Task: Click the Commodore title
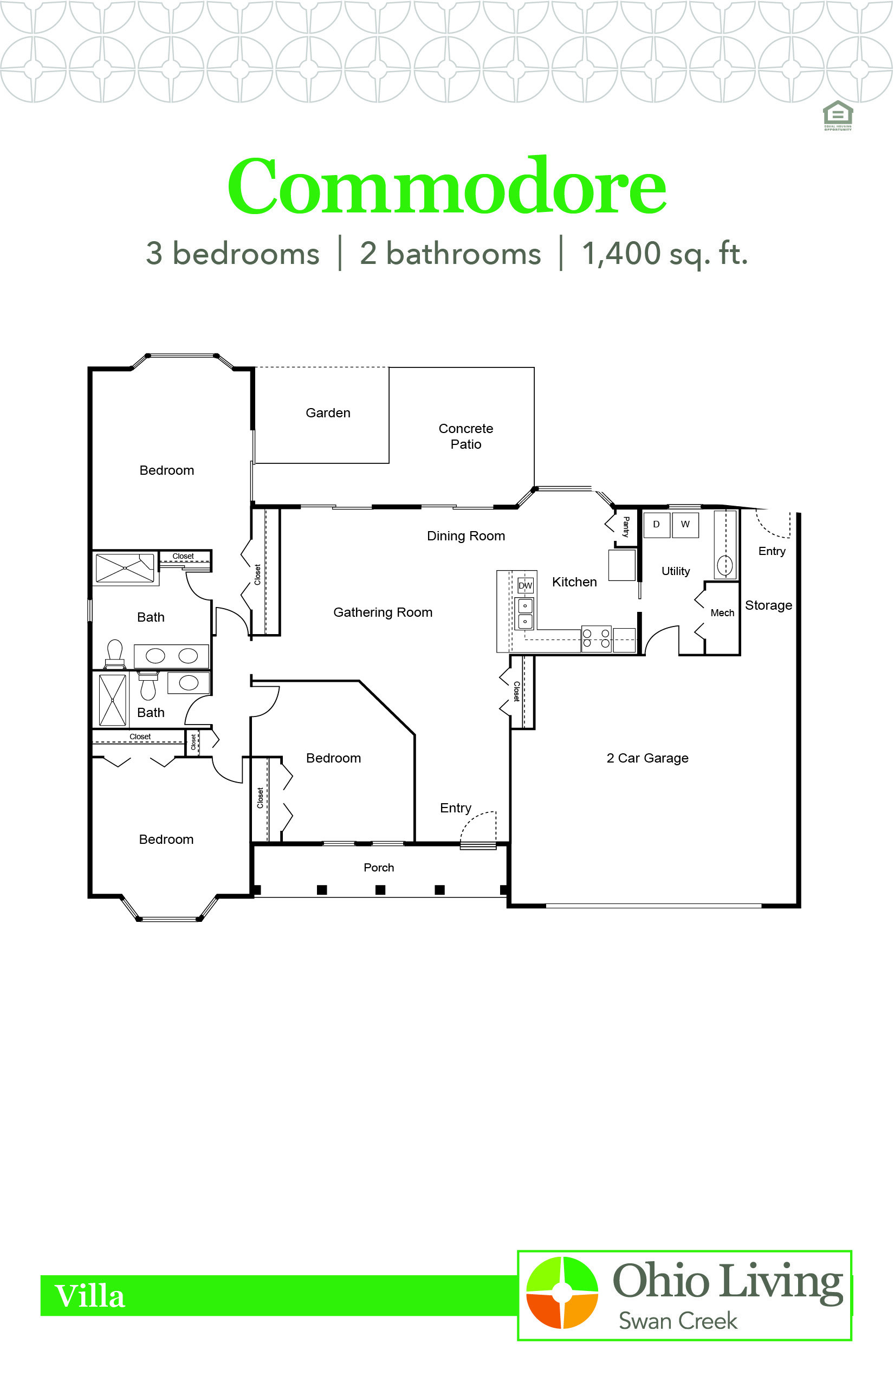point(446,186)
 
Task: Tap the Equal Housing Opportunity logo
point(838,115)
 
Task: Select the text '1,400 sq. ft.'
point(665,254)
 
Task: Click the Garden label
point(328,413)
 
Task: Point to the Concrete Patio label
point(465,436)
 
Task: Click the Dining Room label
point(465,536)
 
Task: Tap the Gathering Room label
point(383,612)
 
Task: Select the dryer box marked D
point(657,525)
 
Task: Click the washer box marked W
point(685,525)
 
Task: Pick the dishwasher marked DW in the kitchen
point(525,585)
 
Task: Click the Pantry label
point(626,527)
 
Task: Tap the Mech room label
point(722,613)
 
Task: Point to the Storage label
point(768,606)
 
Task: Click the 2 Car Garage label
point(647,758)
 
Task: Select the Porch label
point(379,868)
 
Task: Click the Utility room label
point(676,571)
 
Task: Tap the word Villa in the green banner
point(89,1296)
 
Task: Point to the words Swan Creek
point(677,1321)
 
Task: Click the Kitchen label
point(574,583)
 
